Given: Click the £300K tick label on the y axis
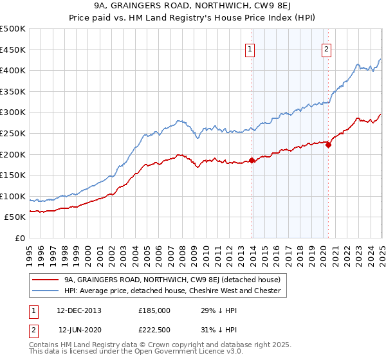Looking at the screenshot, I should pos(13,112).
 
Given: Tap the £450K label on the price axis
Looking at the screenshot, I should pos(13,50).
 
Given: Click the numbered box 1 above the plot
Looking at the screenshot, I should pos(250,49).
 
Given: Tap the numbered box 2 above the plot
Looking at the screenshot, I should pos(326,49).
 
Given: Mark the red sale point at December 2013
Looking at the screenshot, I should pos(252,160).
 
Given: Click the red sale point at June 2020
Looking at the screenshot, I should pos(328,145).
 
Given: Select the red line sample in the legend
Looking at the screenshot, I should pos(45,280).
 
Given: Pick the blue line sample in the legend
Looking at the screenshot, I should pos(45,291).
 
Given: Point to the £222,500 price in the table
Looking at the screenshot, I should pos(154,330).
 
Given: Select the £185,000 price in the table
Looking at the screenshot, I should pos(154,310).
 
